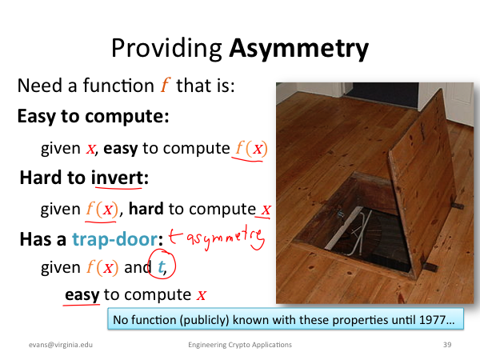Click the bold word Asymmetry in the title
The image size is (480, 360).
tap(298, 49)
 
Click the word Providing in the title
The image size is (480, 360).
tap(166, 48)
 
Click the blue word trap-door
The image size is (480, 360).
tap(114, 239)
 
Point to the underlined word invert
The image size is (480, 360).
tap(118, 178)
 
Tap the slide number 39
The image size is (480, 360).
tap(447, 345)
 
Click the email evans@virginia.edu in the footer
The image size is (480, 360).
tap(61, 345)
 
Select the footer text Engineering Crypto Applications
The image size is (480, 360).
tap(240, 345)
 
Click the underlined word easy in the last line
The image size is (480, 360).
tap(82, 294)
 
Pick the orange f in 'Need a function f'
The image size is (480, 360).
tap(166, 85)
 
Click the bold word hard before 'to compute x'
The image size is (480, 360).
tap(146, 209)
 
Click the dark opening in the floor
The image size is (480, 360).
tap(367, 238)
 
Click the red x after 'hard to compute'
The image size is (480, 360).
tap(266, 210)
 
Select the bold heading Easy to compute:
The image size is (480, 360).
tap(93, 117)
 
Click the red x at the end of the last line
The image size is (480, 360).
tap(201, 295)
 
